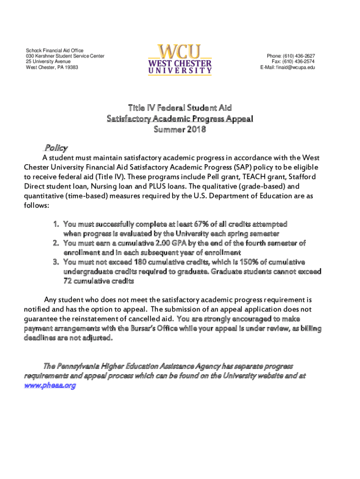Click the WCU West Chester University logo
click(180, 59)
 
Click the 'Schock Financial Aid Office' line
click(55, 51)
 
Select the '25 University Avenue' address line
click(48, 62)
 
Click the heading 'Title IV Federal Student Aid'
click(180, 108)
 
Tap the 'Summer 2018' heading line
click(180, 130)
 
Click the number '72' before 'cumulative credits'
click(68, 281)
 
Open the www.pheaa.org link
click(50, 385)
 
